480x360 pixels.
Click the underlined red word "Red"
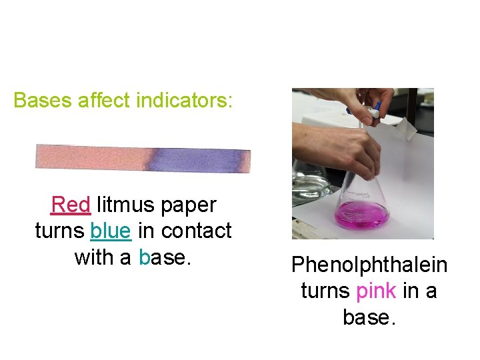coord(70,205)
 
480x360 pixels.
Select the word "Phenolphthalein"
coord(369,265)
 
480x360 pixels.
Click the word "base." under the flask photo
coord(369,317)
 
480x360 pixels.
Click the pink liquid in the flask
coord(362,215)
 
